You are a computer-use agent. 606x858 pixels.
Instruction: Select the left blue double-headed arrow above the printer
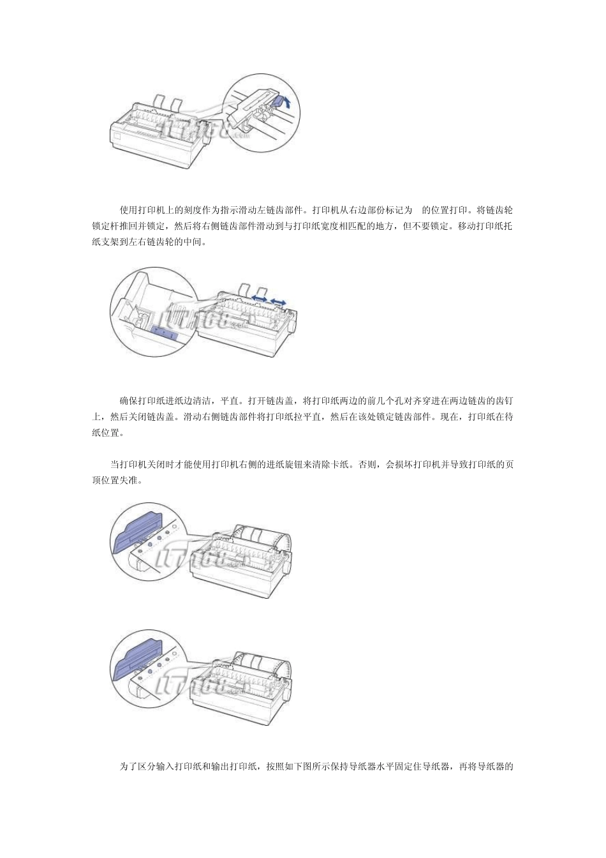tap(258, 297)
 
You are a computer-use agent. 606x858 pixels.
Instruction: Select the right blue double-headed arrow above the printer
tap(277, 299)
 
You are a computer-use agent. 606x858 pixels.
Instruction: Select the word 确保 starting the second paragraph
tap(128, 401)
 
